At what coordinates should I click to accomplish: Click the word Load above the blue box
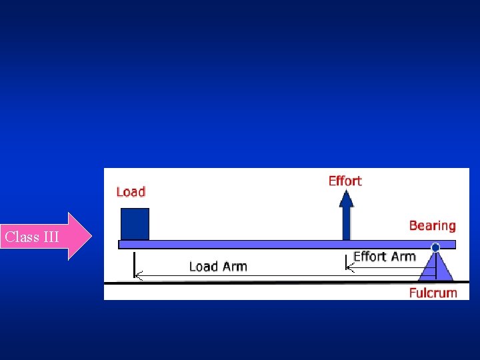[x=131, y=192]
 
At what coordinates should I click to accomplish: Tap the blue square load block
[x=135, y=224]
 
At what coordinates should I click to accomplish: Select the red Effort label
[x=345, y=181]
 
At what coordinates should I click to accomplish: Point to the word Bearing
[x=432, y=225]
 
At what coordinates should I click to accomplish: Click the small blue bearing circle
[x=435, y=247]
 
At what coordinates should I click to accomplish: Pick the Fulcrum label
[x=433, y=292]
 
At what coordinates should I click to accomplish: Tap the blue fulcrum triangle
[x=435, y=268]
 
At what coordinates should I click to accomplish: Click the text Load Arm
[x=218, y=267]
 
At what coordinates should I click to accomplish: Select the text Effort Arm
[x=385, y=257]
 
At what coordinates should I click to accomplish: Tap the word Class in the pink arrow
[x=19, y=237]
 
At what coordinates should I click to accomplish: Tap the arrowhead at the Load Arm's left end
[x=137, y=275]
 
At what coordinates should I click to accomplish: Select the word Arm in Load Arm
[x=234, y=267]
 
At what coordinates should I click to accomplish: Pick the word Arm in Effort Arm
[x=403, y=257]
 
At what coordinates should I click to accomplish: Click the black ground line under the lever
[x=267, y=283]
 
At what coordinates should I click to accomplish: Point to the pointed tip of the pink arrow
[x=91, y=236]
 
